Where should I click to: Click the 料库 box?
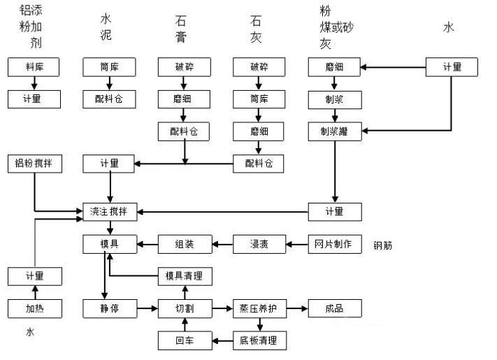(x=34, y=67)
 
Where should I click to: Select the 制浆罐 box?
(x=335, y=131)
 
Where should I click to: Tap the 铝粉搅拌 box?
(x=34, y=164)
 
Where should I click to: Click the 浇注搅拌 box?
(x=110, y=211)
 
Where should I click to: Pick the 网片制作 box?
(x=335, y=245)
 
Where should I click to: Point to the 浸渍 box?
(x=259, y=245)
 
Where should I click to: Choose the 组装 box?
(x=185, y=245)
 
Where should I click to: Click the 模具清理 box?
(x=185, y=276)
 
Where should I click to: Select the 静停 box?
(x=110, y=308)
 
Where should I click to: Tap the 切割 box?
(x=185, y=308)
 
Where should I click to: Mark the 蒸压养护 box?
(x=259, y=308)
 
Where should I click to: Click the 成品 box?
(x=335, y=308)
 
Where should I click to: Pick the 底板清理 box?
(x=259, y=340)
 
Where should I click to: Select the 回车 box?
(x=185, y=340)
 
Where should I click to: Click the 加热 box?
(x=34, y=308)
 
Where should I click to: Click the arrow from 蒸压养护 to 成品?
(x=297, y=308)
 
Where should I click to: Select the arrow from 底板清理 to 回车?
(x=222, y=340)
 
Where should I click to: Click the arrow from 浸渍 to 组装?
(x=222, y=245)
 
